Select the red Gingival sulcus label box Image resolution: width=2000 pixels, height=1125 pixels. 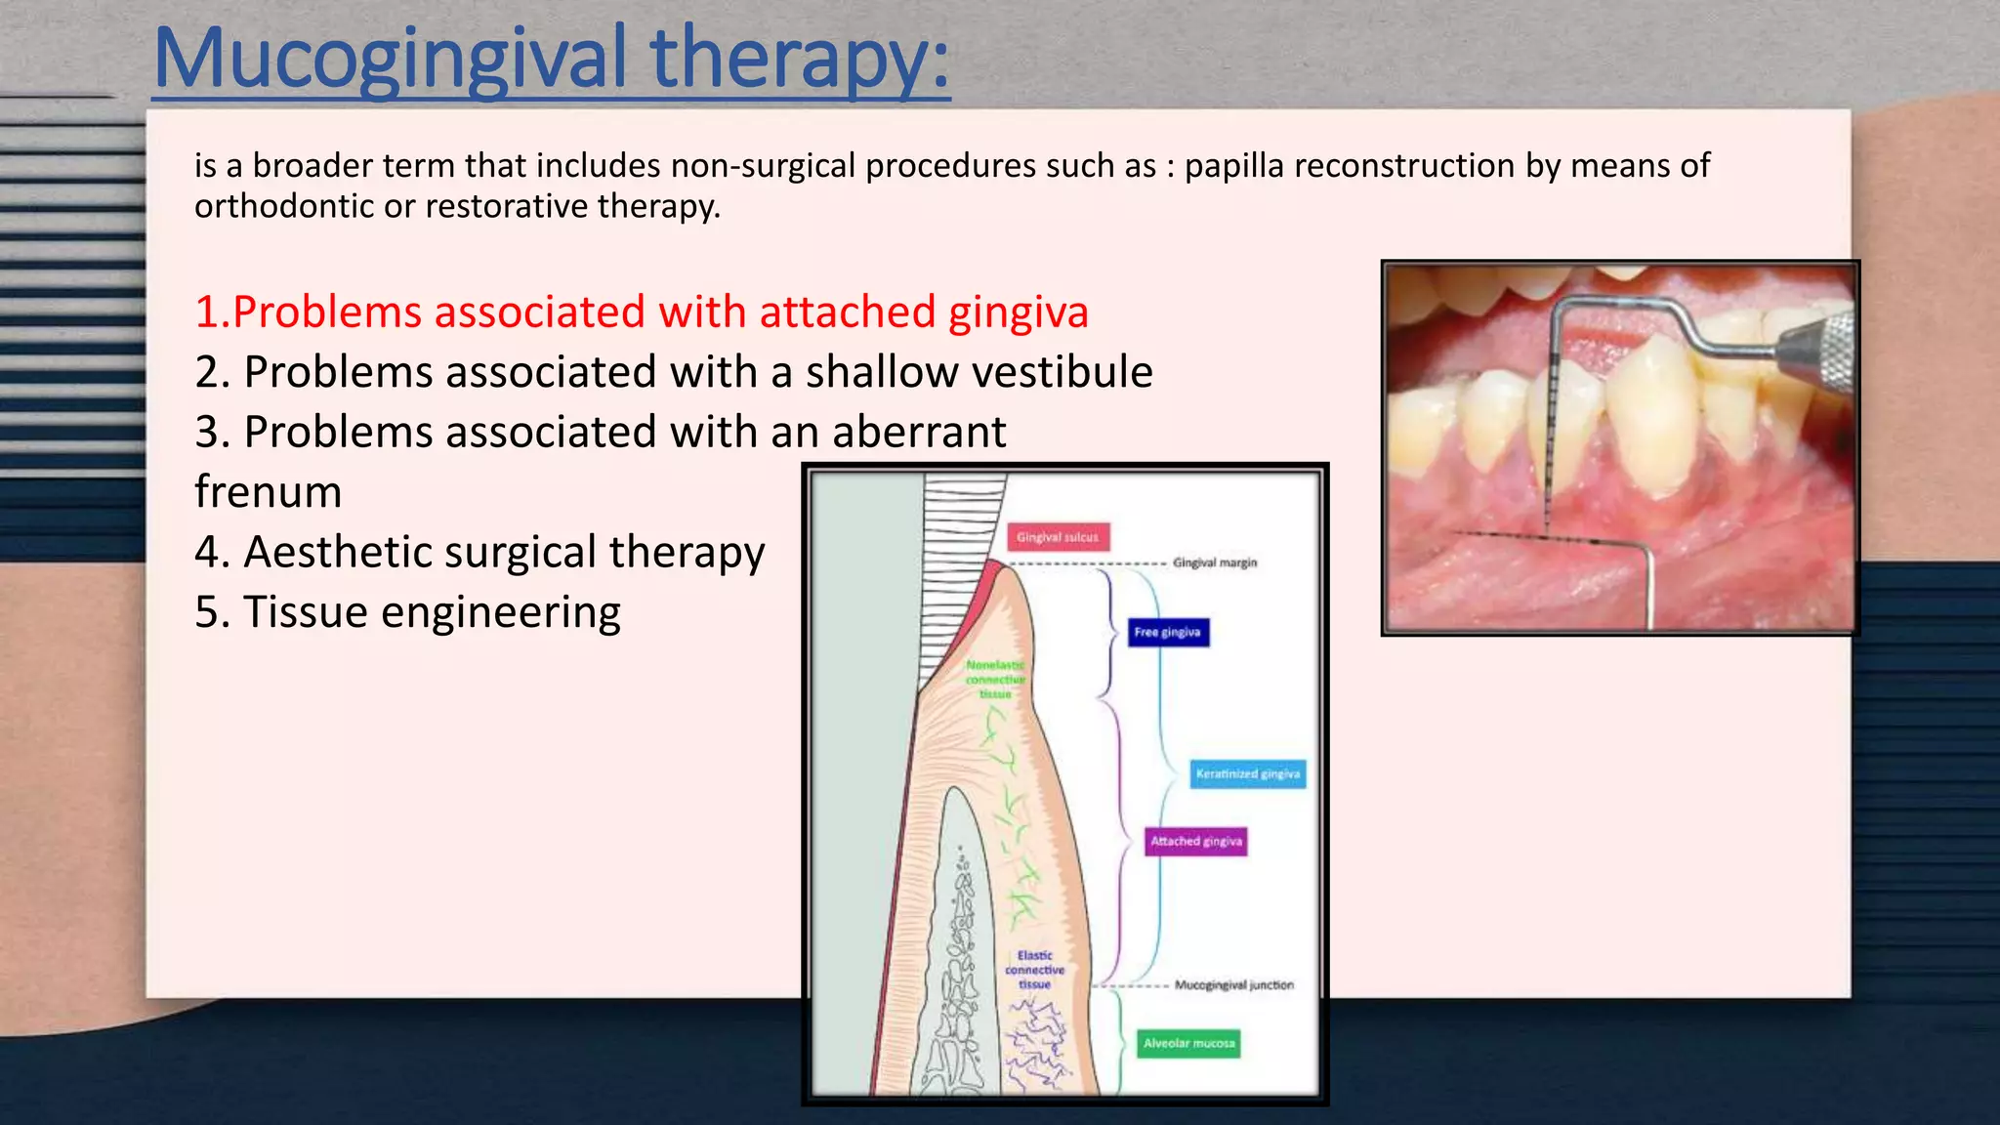[1058, 537]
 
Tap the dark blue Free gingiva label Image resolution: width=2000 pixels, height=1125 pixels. [1167, 632]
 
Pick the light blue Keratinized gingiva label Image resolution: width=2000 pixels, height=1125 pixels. [1247, 773]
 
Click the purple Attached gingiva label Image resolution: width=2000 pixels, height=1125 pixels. [1195, 841]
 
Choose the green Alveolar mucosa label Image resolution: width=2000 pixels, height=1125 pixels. [1188, 1043]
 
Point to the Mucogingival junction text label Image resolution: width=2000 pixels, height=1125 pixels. [1233, 985]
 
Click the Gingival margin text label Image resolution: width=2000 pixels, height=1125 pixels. [1215, 562]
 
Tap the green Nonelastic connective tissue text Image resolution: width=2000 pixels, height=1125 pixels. [995, 680]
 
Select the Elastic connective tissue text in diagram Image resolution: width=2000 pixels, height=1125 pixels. [1034, 970]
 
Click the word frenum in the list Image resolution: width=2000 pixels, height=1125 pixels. [268, 491]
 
